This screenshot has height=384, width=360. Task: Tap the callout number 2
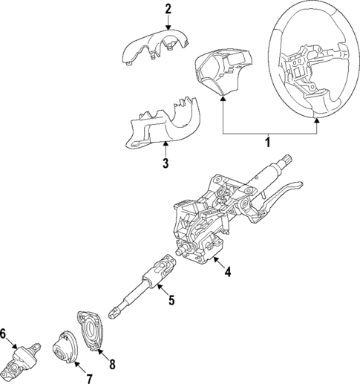pyautogui.click(x=168, y=10)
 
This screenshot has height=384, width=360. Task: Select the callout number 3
pyautogui.click(x=165, y=163)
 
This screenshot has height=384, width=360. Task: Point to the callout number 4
pyautogui.click(x=229, y=273)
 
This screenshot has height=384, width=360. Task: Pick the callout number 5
pyautogui.click(x=170, y=301)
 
